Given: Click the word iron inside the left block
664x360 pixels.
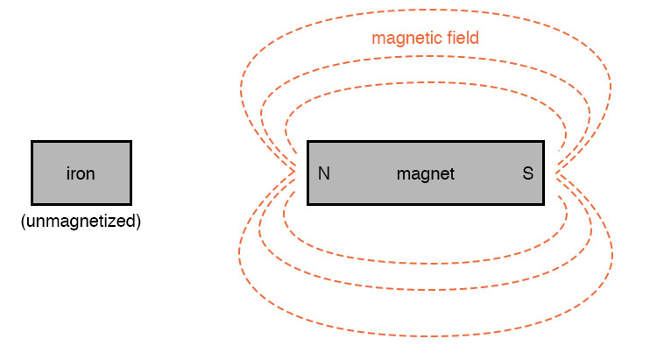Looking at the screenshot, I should click(81, 173).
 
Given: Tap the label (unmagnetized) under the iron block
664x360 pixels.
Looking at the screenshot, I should click(81, 221).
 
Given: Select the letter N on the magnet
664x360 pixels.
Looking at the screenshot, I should click(324, 173).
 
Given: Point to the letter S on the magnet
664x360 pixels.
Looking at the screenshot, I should click(527, 173).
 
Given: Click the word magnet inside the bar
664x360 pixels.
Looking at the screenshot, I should click(426, 173).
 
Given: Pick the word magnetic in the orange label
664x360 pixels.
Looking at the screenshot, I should click(405, 39).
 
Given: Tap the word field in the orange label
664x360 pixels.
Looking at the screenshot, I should click(462, 39).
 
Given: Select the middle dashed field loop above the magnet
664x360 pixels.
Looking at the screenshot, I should click(426, 60).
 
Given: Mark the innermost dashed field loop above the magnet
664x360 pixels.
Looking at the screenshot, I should click(426, 83).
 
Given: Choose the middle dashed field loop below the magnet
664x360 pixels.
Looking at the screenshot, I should click(426, 288).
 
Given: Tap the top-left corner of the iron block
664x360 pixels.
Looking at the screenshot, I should click(32, 142).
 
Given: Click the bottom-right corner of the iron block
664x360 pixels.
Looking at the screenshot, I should click(130, 203).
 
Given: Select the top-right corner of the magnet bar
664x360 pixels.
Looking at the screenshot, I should click(542, 142).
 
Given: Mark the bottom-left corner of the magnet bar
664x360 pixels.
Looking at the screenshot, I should click(308, 203).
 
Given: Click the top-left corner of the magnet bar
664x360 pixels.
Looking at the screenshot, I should click(308, 142).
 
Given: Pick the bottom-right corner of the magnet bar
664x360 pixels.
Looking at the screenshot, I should click(542, 203).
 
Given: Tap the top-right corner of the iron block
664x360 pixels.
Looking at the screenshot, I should click(130, 142).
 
